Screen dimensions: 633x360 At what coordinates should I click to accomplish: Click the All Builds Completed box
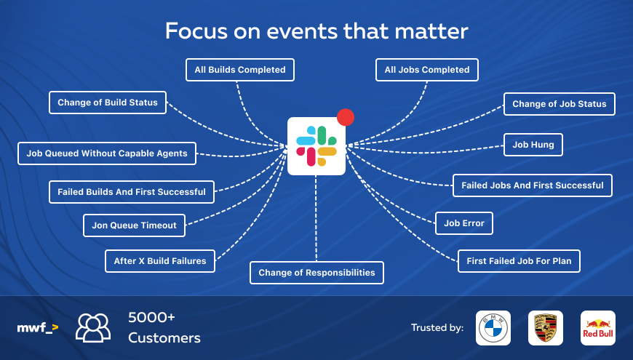coord(240,70)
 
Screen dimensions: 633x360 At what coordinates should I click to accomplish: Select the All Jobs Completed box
coord(426,70)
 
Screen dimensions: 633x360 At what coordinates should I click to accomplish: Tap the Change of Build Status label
coord(108,103)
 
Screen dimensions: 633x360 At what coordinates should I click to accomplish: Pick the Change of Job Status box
coord(559,104)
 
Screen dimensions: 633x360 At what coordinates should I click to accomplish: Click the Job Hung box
coord(533,145)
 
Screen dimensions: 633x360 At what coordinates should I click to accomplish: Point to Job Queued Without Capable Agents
coord(107,153)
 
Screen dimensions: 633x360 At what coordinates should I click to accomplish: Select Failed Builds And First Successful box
coord(132,192)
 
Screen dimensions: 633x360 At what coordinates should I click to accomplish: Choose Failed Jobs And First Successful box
coord(533,185)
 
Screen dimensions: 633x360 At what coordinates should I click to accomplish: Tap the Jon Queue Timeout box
coord(134,225)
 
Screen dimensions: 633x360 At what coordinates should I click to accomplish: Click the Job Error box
coord(464,223)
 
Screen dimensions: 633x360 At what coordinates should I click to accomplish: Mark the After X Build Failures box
coord(160,261)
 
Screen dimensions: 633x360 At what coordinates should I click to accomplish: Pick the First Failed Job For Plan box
coord(519,261)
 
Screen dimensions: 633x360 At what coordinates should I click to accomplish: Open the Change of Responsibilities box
coord(316,273)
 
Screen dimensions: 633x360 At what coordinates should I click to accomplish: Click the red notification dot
coord(346,117)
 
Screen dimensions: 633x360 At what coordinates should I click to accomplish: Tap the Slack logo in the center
coord(316,146)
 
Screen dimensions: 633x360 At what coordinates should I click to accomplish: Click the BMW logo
coord(493,328)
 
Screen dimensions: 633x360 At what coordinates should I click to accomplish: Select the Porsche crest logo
coord(546,328)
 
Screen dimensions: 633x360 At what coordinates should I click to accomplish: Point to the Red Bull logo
coord(598,328)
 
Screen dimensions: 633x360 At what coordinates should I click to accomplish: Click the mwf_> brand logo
coord(38,328)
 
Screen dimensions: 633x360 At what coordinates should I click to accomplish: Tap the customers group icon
coord(93,328)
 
